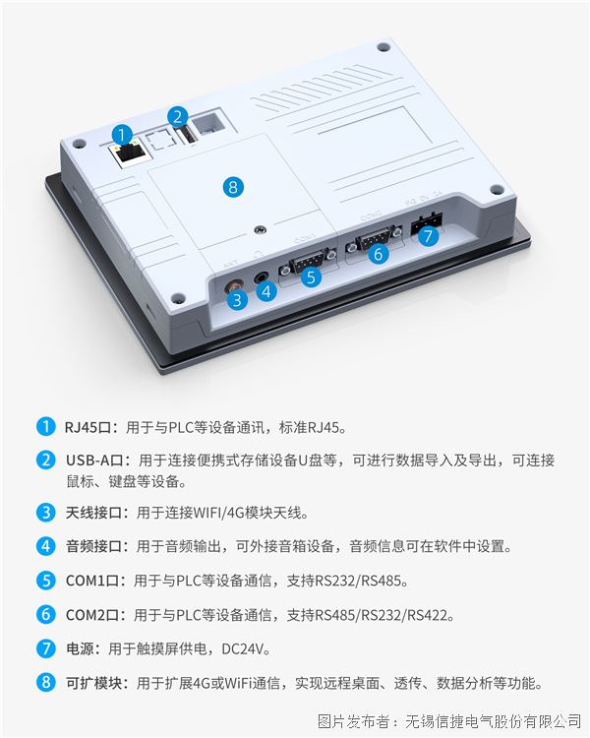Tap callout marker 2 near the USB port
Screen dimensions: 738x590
pyautogui.click(x=177, y=116)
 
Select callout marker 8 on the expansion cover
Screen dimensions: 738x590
pyautogui.click(x=232, y=186)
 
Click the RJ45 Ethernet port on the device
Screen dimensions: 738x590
pyautogui.click(x=126, y=155)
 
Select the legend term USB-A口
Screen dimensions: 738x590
pyautogui.click(x=95, y=461)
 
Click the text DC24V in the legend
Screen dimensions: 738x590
pyautogui.click(x=241, y=648)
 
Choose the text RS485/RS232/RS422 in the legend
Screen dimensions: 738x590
pyautogui.click(x=383, y=615)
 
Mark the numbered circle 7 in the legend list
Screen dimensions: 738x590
pyautogui.click(x=45, y=648)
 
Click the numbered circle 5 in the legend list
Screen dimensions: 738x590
pyautogui.click(x=45, y=581)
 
